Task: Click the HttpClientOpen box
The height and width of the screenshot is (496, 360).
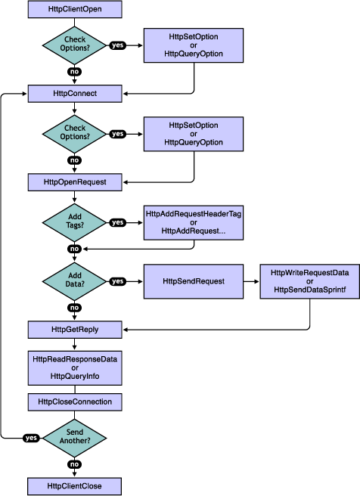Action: click(74, 10)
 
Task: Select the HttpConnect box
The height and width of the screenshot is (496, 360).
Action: click(74, 94)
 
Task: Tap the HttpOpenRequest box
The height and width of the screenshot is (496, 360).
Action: click(74, 182)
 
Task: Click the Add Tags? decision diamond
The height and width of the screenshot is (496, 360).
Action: click(74, 222)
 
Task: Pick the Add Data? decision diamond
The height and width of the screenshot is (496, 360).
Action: click(74, 281)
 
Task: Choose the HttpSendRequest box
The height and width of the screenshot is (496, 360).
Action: click(194, 281)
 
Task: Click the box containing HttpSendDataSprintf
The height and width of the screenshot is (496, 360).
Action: click(309, 281)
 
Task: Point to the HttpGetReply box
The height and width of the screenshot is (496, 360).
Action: click(74, 330)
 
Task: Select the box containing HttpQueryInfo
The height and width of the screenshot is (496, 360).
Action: click(74, 367)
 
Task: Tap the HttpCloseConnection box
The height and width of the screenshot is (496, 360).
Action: click(74, 401)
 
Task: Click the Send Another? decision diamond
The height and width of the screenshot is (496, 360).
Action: click(74, 438)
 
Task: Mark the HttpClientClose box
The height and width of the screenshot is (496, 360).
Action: click(74, 485)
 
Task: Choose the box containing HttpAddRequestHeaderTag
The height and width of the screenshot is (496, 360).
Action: click(194, 222)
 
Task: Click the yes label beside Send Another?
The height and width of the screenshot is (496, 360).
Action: click(31, 438)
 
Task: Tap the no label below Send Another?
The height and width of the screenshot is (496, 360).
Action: click(74, 464)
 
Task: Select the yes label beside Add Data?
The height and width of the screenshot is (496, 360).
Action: click(118, 281)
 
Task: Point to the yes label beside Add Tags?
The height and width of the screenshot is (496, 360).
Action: click(118, 222)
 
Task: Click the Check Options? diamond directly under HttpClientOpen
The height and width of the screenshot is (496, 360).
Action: click(74, 45)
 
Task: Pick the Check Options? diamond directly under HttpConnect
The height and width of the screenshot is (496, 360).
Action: click(74, 134)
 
